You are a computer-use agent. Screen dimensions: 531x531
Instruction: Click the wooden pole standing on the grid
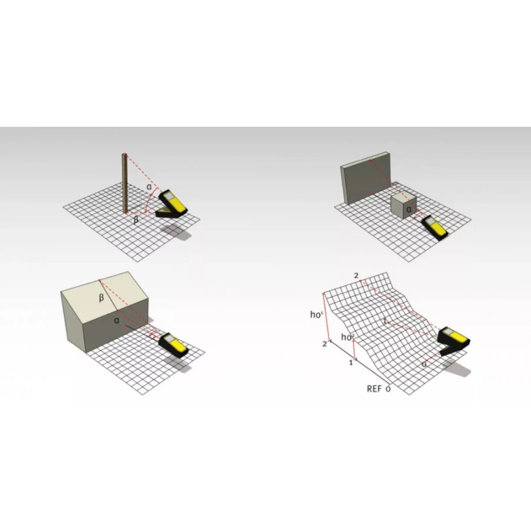coord(125,183)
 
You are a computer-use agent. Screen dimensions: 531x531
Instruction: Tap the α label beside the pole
coord(149,187)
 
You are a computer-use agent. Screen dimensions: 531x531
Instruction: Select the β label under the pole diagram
coord(136,220)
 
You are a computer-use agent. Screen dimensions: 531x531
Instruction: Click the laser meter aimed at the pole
coord(171,204)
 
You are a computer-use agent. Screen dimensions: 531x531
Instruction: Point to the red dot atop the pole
coord(126,155)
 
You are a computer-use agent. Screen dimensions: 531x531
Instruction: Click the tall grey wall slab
coord(366,178)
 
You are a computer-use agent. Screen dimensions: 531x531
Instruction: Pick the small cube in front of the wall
coord(403,206)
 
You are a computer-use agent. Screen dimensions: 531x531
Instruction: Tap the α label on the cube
coord(409,209)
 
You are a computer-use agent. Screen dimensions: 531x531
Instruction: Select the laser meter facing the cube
coord(435,228)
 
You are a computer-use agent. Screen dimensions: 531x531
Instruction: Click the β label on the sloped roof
coord(102,298)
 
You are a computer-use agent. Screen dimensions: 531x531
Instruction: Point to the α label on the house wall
coord(117,321)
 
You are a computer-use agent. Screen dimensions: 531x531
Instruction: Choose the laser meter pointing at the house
coord(173,345)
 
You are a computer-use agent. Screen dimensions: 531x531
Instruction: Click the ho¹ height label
coord(317,315)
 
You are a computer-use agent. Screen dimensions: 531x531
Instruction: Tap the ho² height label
coord(347,337)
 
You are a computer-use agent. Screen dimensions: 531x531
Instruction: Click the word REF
coord(374,389)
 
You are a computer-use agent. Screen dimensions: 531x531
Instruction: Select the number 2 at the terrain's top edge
coord(356,276)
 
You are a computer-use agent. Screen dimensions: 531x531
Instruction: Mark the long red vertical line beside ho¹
coord(326,317)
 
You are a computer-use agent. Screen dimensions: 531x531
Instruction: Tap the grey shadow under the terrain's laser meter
coord(457,368)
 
